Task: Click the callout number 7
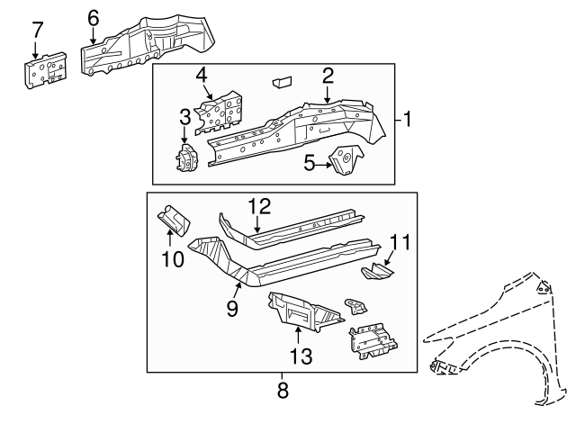coord(37,29)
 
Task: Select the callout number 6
coord(94,16)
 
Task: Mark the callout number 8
coord(282,392)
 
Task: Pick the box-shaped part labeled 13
coord(301,311)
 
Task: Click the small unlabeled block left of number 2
coord(280,81)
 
